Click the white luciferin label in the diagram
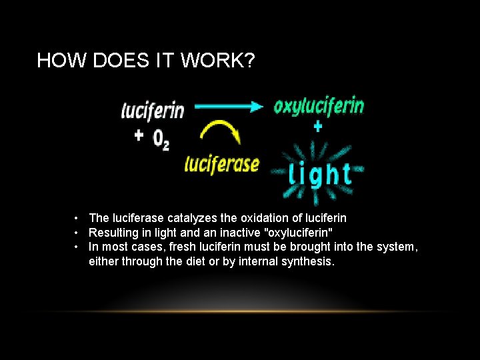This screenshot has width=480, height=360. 153,110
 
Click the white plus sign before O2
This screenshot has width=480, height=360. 139,136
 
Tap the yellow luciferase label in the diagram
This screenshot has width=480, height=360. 221,163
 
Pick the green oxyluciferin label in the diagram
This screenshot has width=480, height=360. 319,106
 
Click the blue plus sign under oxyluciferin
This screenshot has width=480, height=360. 317,127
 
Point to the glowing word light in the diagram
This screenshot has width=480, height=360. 320,175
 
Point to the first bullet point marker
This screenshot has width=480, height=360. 78,218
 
